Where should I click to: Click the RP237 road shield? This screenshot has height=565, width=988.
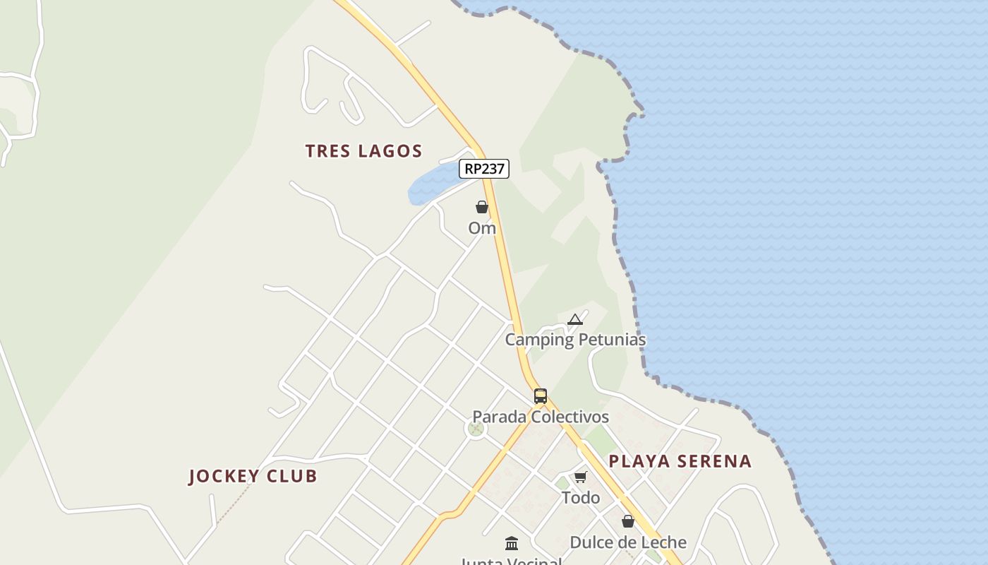(484, 169)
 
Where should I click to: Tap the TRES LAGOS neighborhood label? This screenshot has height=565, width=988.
(363, 150)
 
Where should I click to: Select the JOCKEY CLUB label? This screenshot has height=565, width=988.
(253, 476)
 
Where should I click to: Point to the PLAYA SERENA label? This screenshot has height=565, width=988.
(680, 461)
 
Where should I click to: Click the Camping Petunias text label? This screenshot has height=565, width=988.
(575, 340)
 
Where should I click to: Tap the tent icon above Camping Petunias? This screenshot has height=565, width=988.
(575, 319)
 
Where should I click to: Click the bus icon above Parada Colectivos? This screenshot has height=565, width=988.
(541, 396)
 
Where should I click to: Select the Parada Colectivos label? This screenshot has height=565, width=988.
(541, 417)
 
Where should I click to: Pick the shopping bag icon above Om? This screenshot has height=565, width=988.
(482, 207)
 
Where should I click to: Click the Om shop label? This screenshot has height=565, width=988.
(482, 228)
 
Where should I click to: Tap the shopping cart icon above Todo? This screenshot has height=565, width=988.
(581, 477)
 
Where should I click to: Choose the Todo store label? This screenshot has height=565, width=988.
(581, 498)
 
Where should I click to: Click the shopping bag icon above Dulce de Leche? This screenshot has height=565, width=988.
(628, 522)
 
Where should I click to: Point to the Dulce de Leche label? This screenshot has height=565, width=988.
(628, 542)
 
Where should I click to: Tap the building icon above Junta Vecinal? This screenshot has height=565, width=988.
(512, 543)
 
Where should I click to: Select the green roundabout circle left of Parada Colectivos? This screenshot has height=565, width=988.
(476, 428)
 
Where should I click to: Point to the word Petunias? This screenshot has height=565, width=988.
(612, 340)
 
